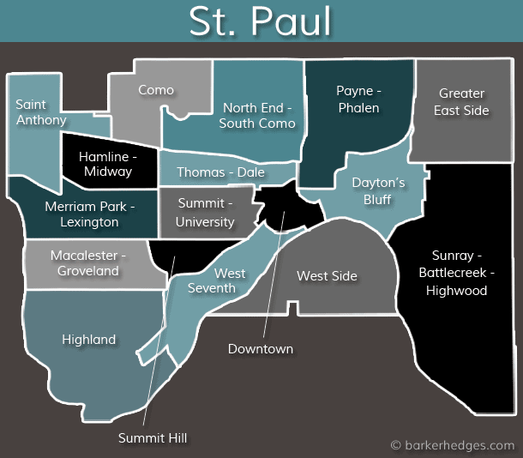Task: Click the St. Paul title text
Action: [x=260, y=22]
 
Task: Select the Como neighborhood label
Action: [x=156, y=89]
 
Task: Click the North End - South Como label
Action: [x=257, y=116]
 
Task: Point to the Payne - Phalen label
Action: [x=358, y=99]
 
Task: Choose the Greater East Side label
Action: [x=461, y=101]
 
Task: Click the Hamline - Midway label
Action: [x=108, y=164]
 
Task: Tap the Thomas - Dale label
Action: [x=220, y=172]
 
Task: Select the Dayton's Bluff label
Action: [x=378, y=190]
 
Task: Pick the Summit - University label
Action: [x=205, y=212]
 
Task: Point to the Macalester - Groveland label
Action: [x=88, y=263]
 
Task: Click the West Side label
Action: [x=327, y=275]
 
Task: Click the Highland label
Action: [x=88, y=340]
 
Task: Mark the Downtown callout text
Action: [x=260, y=348]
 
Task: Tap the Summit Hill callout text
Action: [x=153, y=437]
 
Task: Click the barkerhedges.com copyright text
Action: [x=452, y=445]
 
